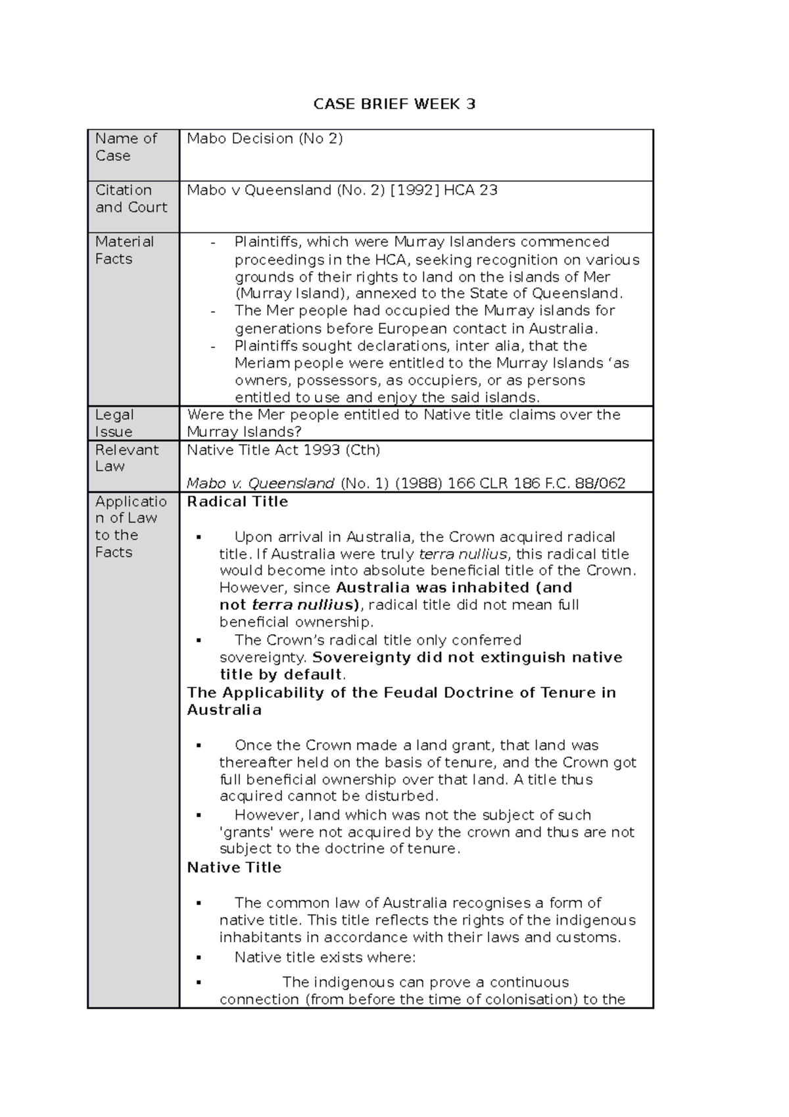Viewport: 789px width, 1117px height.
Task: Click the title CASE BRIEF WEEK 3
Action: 394,104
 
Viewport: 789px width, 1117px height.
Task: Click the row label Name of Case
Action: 126,147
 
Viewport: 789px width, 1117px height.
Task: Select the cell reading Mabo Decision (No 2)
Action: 264,139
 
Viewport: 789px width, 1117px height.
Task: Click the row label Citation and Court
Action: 131,199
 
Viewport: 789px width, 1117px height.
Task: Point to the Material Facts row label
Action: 124,250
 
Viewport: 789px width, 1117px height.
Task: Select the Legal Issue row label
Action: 114,423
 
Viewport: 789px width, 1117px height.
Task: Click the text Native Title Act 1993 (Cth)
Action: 283,450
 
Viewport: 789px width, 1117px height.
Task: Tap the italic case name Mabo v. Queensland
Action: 260,484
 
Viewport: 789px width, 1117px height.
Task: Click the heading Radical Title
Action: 237,502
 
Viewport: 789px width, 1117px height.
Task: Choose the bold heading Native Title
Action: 234,868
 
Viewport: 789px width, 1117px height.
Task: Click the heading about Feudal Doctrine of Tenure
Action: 401,693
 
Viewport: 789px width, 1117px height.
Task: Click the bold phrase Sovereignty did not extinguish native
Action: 467,657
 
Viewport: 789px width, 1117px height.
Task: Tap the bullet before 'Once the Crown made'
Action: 199,746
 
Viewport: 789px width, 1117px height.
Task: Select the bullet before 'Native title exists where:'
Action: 199,958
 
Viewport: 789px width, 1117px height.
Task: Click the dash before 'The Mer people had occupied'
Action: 213,311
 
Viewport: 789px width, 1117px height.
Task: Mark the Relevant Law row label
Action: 126,458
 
